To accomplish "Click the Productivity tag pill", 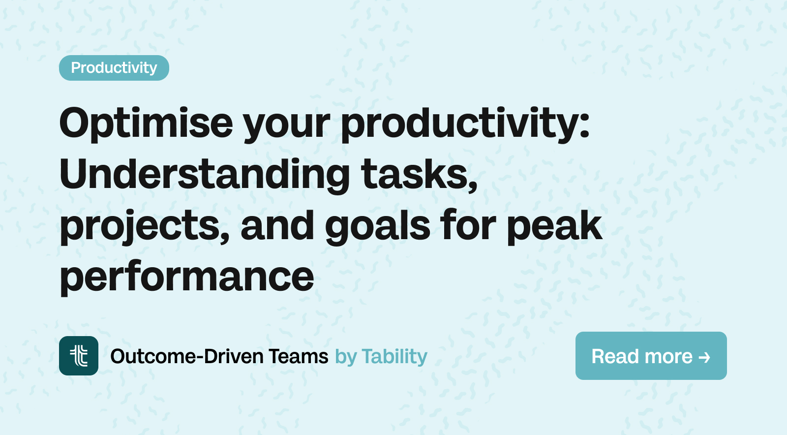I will (x=114, y=68).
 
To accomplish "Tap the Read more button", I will (x=650, y=356).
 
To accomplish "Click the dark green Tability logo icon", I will (x=79, y=356).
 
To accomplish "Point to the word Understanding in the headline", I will (x=205, y=174).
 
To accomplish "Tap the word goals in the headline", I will (x=377, y=226).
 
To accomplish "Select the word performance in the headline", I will (x=187, y=277).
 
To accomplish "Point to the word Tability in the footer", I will (x=394, y=356).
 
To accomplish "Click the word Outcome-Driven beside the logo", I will (x=187, y=356).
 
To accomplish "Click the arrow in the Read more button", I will (x=704, y=357).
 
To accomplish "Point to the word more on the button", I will (x=668, y=356).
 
